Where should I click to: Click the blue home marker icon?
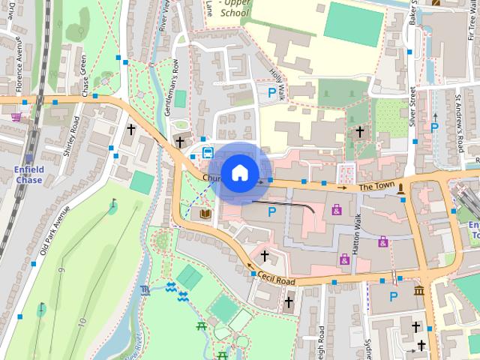[x=239, y=172]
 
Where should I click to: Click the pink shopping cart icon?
[x=16, y=117]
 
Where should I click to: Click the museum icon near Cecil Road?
[x=418, y=290]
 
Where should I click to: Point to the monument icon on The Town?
[x=403, y=187]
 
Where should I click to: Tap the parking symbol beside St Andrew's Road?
[x=434, y=127]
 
